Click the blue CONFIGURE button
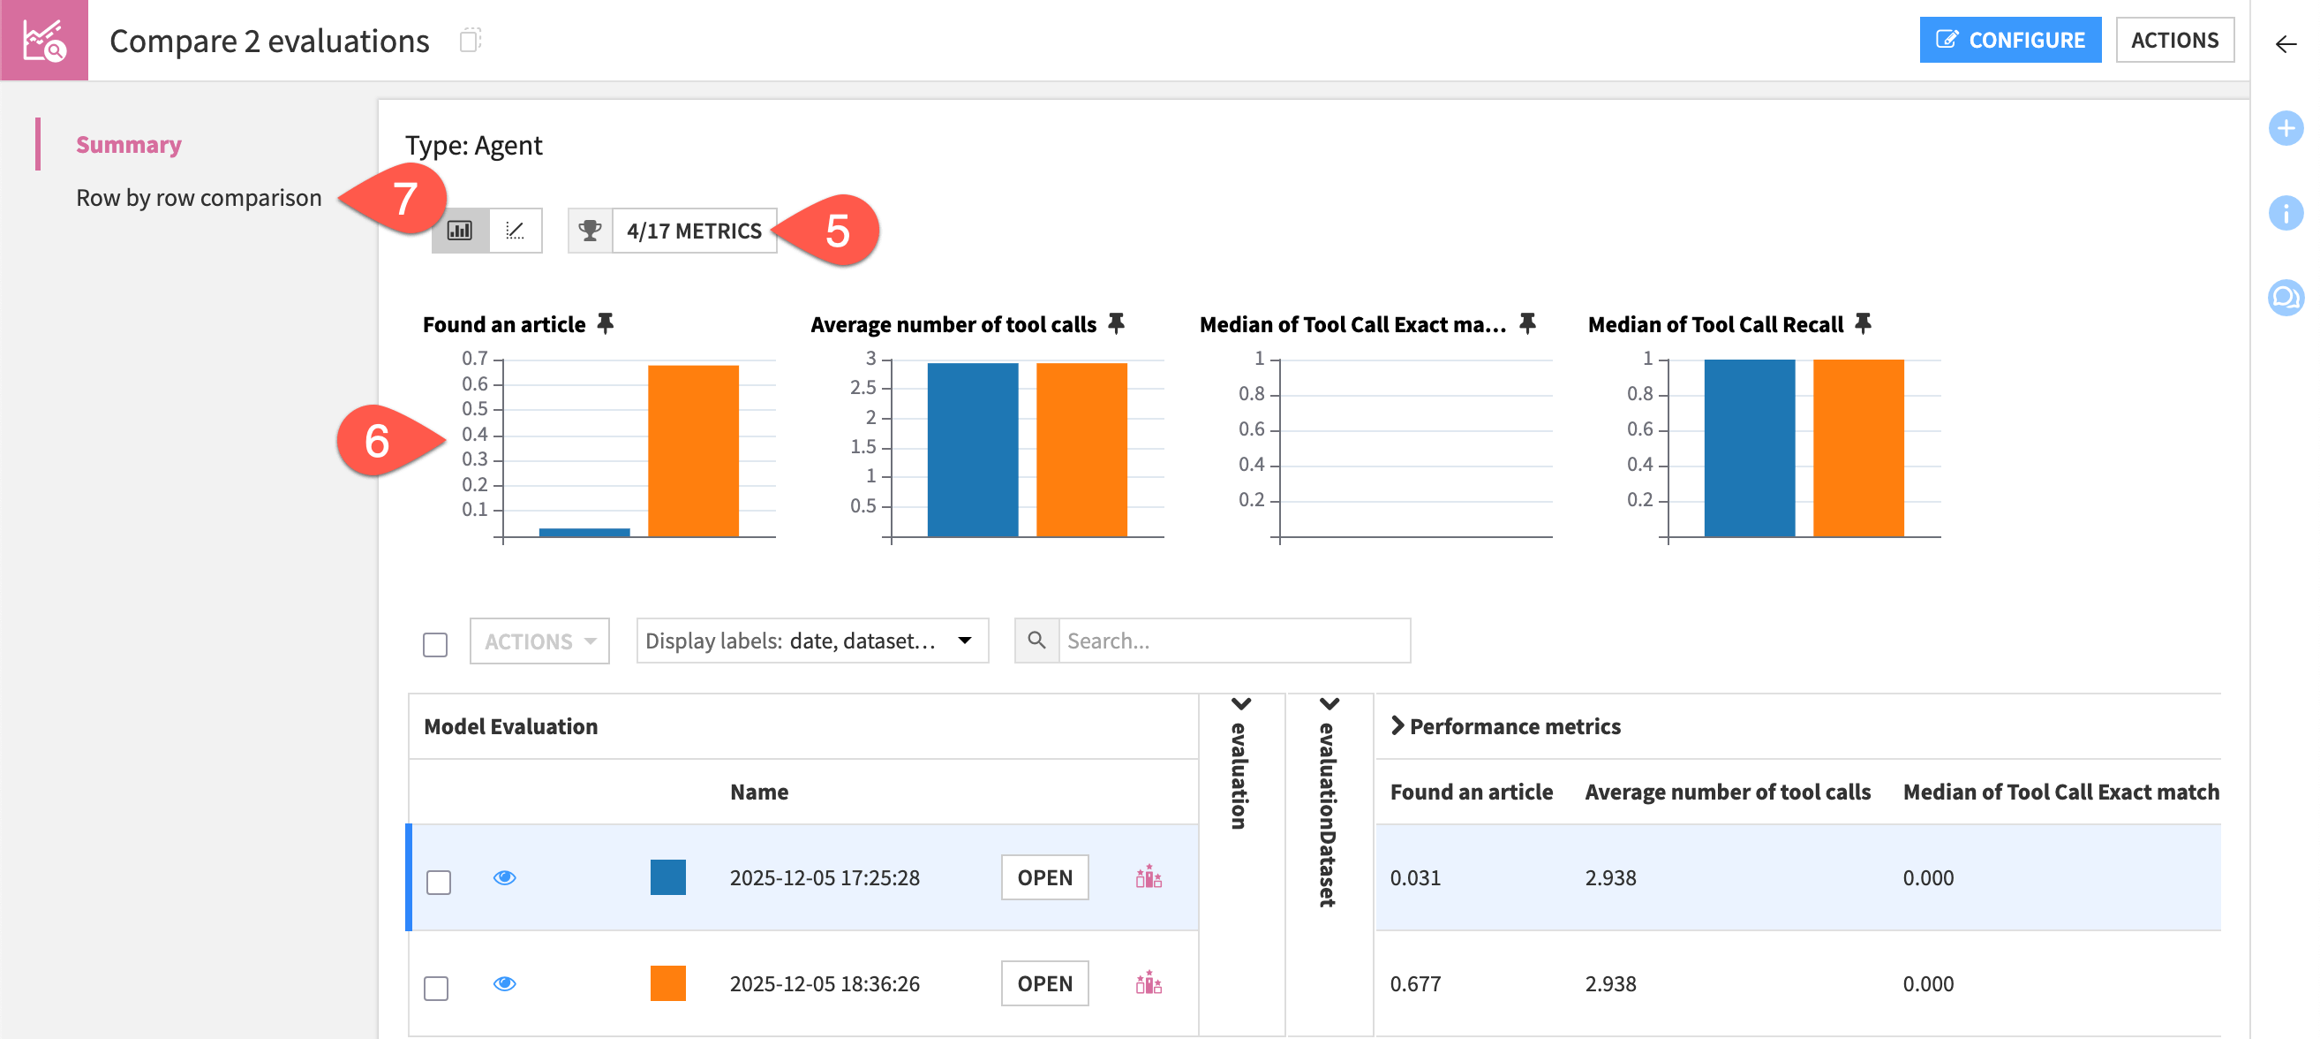pyautogui.click(x=2009, y=40)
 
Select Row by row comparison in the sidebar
pyautogui.click(x=198, y=197)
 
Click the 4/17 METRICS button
pyautogui.click(x=694, y=231)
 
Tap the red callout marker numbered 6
pyautogui.click(x=378, y=441)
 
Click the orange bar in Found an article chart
pyautogui.click(x=693, y=451)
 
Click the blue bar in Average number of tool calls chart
pyautogui.click(x=972, y=451)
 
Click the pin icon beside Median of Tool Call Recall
pyautogui.click(x=1863, y=322)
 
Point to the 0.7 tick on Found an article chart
pyautogui.click(x=475, y=359)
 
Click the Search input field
pyautogui.click(x=1233, y=641)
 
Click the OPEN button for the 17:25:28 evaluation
pyautogui.click(x=1043, y=876)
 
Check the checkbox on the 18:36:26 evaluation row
pyautogui.click(x=437, y=988)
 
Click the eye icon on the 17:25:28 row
pyautogui.click(x=504, y=876)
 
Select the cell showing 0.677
pyautogui.click(x=1415, y=983)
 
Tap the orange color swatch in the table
pyautogui.click(x=667, y=983)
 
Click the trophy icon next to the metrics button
pyautogui.click(x=590, y=231)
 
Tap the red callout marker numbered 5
pyautogui.click(x=838, y=231)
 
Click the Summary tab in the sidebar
pyautogui.click(x=129, y=144)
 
